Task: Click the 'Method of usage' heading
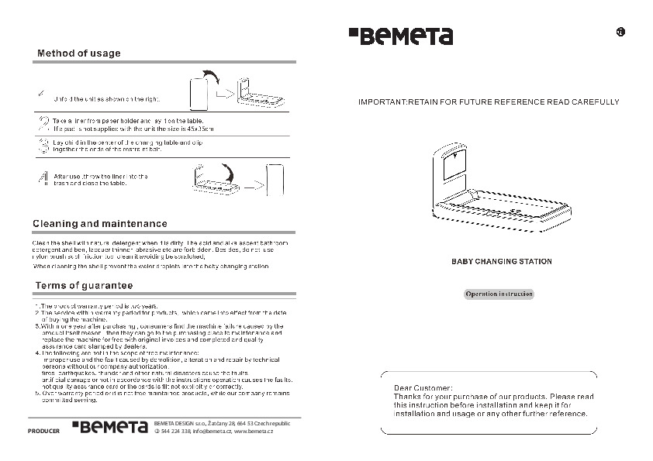click(x=79, y=53)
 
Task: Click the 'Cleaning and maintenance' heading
click(x=100, y=223)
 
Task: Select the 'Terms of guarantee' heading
click(x=84, y=286)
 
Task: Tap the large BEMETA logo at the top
click(x=400, y=36)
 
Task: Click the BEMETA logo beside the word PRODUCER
click(x=109, y=427)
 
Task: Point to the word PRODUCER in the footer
click(x=43, y=430)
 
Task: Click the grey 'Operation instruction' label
click(x=499, y=294)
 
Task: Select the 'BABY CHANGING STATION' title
click(x=502, y=262)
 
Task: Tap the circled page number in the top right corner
click(x=620, y=32)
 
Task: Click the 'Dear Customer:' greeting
click(x=423, y=387)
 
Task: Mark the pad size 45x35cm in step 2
click(x=198, y=129)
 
